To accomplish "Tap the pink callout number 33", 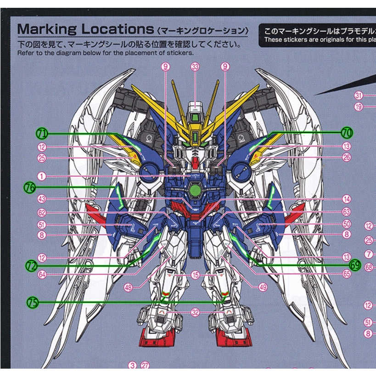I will pyautogui.click(x=195, y=67).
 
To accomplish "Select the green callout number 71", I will pyautogui.click(x=42, y=134).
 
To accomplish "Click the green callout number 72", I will pyautogui.click(x=31, y=265).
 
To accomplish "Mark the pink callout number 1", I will pyautogui.click(x=42, y=176).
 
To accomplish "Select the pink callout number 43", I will pyautogui.click(x=42, y=199).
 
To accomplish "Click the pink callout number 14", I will pyautogui.click(x=346, y=199).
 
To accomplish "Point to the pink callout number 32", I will pyautogui.click(x=196, y=312).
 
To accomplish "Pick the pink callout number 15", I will pyautogui.click(x=196, y=275).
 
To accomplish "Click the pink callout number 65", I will pyautogui.click(x=346, y=274).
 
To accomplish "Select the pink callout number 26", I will pyautogui.click(x=346, y=157).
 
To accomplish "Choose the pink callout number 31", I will pyautogui.click(x=359, y=95).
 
